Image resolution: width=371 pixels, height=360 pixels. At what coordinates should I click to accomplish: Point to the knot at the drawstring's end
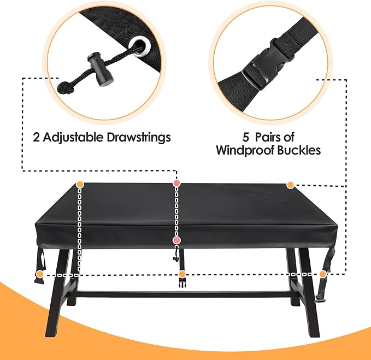click(66, 88)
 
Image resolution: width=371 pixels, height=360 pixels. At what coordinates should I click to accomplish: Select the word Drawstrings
click(139, 137)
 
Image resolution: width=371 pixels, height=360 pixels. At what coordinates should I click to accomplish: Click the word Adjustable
click(73, 138)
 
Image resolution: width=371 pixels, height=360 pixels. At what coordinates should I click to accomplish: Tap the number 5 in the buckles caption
click(245, 137)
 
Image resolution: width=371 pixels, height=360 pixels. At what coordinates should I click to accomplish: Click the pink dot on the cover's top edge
click(176, 183)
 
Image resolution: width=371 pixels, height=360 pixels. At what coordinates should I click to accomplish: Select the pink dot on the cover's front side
click(176, 240)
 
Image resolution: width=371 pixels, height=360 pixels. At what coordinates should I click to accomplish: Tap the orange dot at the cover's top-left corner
click(80, 184)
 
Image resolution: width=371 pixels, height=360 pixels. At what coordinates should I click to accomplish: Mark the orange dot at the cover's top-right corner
click(290, 185)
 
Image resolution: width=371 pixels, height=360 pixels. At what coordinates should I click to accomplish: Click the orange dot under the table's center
click(182, 274)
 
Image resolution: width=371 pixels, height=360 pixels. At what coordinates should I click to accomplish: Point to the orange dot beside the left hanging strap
click(40, 274)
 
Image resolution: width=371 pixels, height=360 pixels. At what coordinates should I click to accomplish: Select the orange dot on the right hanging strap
click(323, 274)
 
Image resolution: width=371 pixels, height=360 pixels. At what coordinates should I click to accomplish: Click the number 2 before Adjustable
click(36, 137)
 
